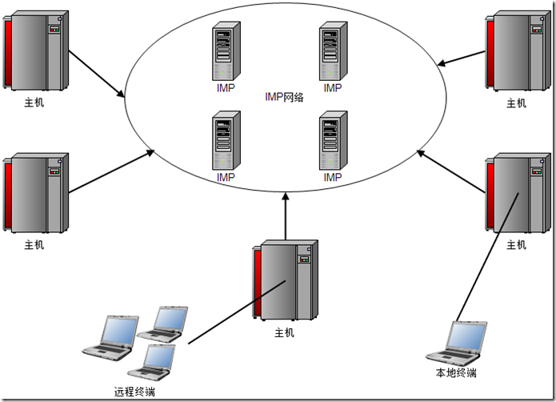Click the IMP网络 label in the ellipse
[x=284, y=97]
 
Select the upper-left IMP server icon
[x=226, y=52]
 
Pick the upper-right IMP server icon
[x=333, y=52]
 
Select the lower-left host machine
[x=37, y=193]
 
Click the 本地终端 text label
[x=455, y=373]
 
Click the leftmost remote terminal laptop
[x=109, y=336]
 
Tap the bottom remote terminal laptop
[x=153, y=362]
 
